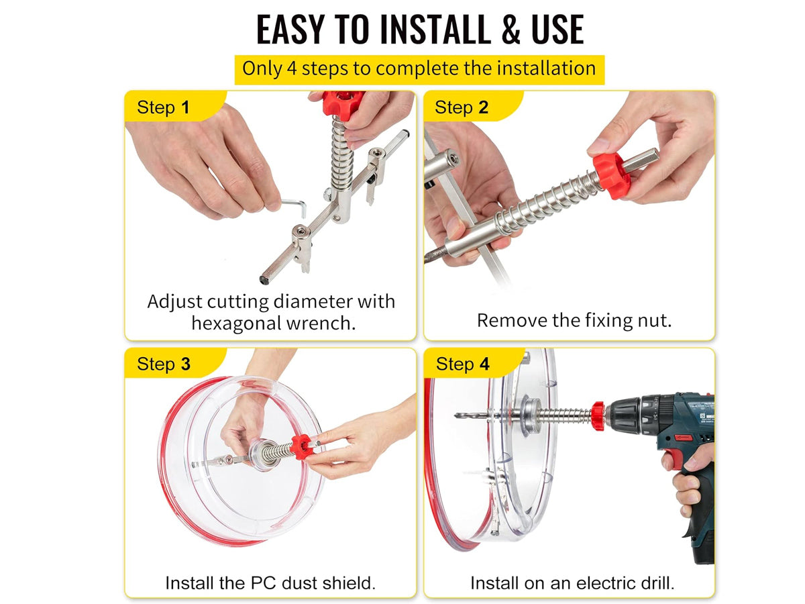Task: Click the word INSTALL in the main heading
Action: [435, 29]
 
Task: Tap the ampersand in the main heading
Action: [511, 29]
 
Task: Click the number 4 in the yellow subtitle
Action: [292, 68]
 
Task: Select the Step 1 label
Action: [163, 107]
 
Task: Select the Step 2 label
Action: [462, 107]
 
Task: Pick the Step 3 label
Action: [164, 364]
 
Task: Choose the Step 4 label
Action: [462, 364]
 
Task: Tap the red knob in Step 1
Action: [343, 104]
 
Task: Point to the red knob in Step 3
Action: [301, 447]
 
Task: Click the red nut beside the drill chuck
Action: [598, 416]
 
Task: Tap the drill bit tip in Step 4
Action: [456, 415]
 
